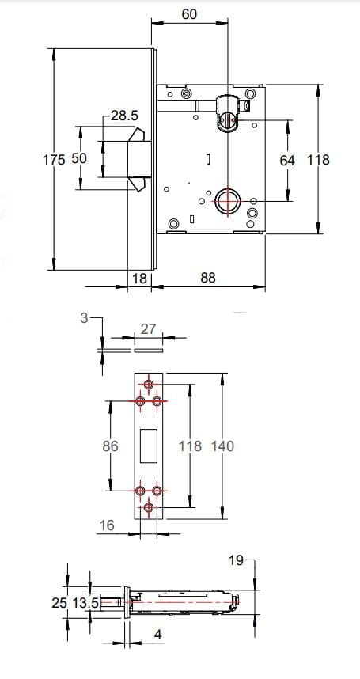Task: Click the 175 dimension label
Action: click(54, 160)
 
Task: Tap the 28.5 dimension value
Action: click(124, 116)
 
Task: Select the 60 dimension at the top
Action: click(189, 14)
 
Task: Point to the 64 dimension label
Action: click(287, 161)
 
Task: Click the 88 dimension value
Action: click(208, 278)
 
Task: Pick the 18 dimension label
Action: click(139, 278)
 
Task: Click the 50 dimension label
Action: click(79, 158)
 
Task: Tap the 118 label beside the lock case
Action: click(318, 160)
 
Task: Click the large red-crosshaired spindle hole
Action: click(227, 201)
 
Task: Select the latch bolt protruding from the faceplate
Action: click(138, 159)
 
